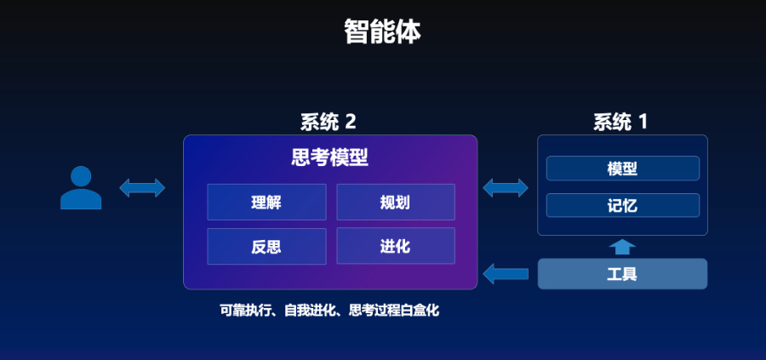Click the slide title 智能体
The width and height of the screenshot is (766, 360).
(x=382, y=31)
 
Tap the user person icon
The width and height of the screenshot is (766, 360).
(x=81, y=188)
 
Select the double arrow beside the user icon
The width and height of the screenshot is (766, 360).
(x=142, y=187)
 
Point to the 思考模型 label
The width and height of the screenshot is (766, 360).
(x=330, y=157)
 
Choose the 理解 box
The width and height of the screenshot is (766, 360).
(x=266, y=203)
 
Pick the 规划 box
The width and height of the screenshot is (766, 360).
(x=395, y=203)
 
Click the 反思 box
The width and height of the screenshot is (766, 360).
(x=266, y=247)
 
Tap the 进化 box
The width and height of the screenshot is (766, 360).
(x=395, y=247)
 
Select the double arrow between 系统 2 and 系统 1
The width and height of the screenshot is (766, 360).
(x=506, y=187)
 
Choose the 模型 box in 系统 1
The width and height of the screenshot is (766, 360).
(x=622, y=169)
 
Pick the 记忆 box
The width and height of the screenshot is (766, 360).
(x=622, y=206)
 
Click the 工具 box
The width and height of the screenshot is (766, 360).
(x=622, y=274)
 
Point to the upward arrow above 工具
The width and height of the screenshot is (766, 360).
(x=622, y=247)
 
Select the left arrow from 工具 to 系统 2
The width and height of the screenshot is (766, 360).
(x=506, y=274)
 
